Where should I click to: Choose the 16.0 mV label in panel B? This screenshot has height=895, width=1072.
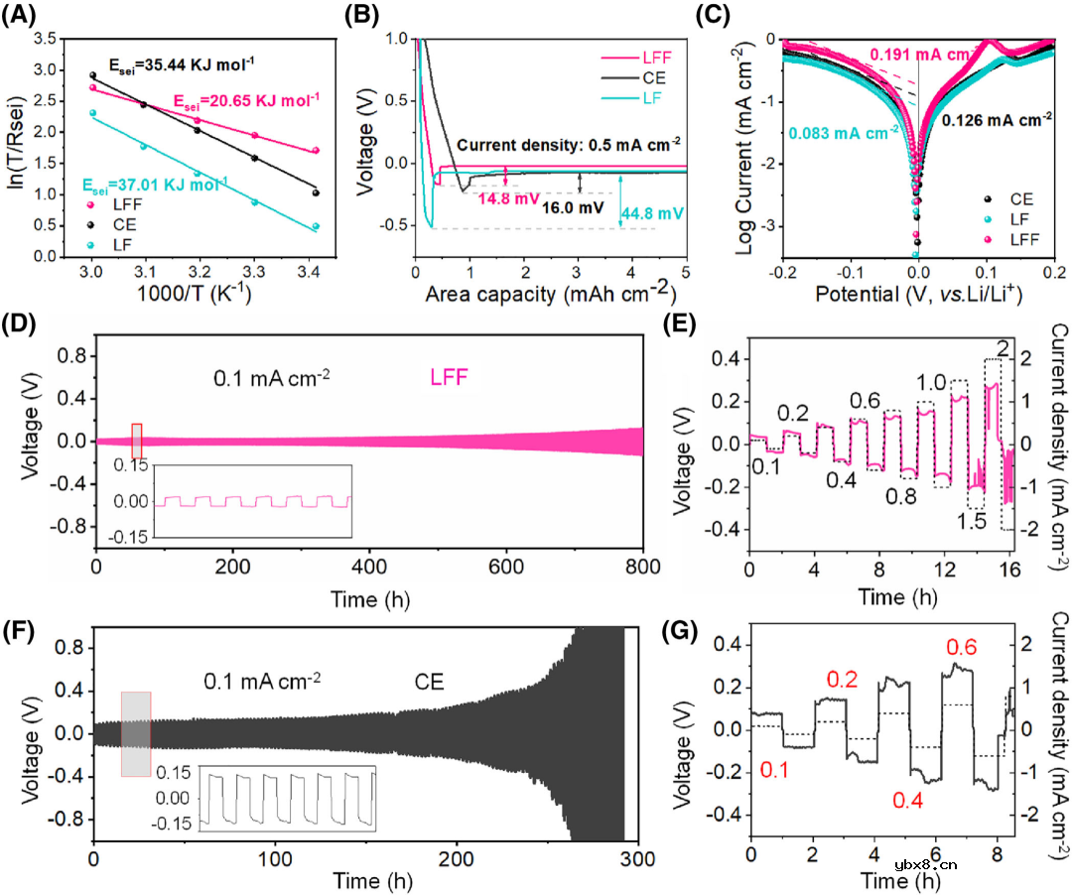coord(572,210)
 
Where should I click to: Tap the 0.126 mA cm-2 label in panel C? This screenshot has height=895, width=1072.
coord(997,121)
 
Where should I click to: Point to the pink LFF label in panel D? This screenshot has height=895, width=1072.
coord(449,378)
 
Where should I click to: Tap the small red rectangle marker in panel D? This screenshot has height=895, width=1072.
coord(137,440)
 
